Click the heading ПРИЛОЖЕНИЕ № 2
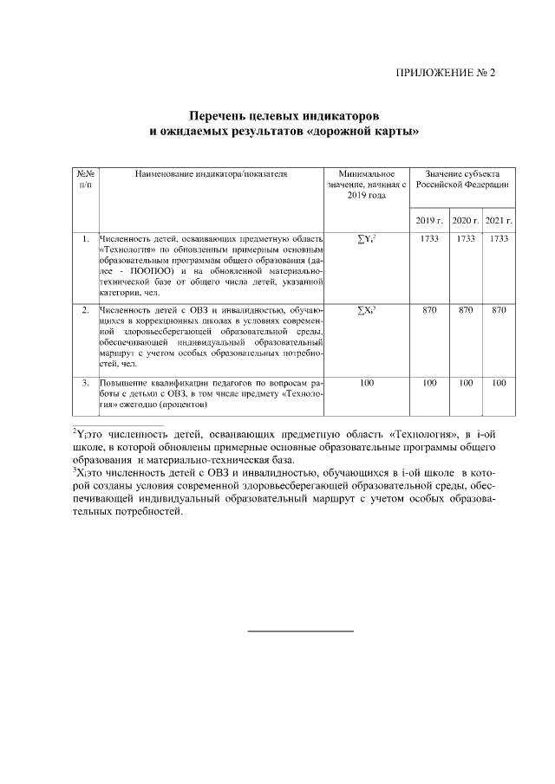[444, 72]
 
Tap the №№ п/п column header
[86, 179]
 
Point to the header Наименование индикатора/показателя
[211, 174]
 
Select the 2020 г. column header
[466, 220]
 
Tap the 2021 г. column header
[499, 220]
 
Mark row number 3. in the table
[86, 382]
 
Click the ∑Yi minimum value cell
[366, 238]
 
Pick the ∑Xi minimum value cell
[366, 309]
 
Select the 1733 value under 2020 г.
[466, 238]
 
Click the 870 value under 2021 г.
[499, 309]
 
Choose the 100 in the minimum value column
[366, 382]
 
